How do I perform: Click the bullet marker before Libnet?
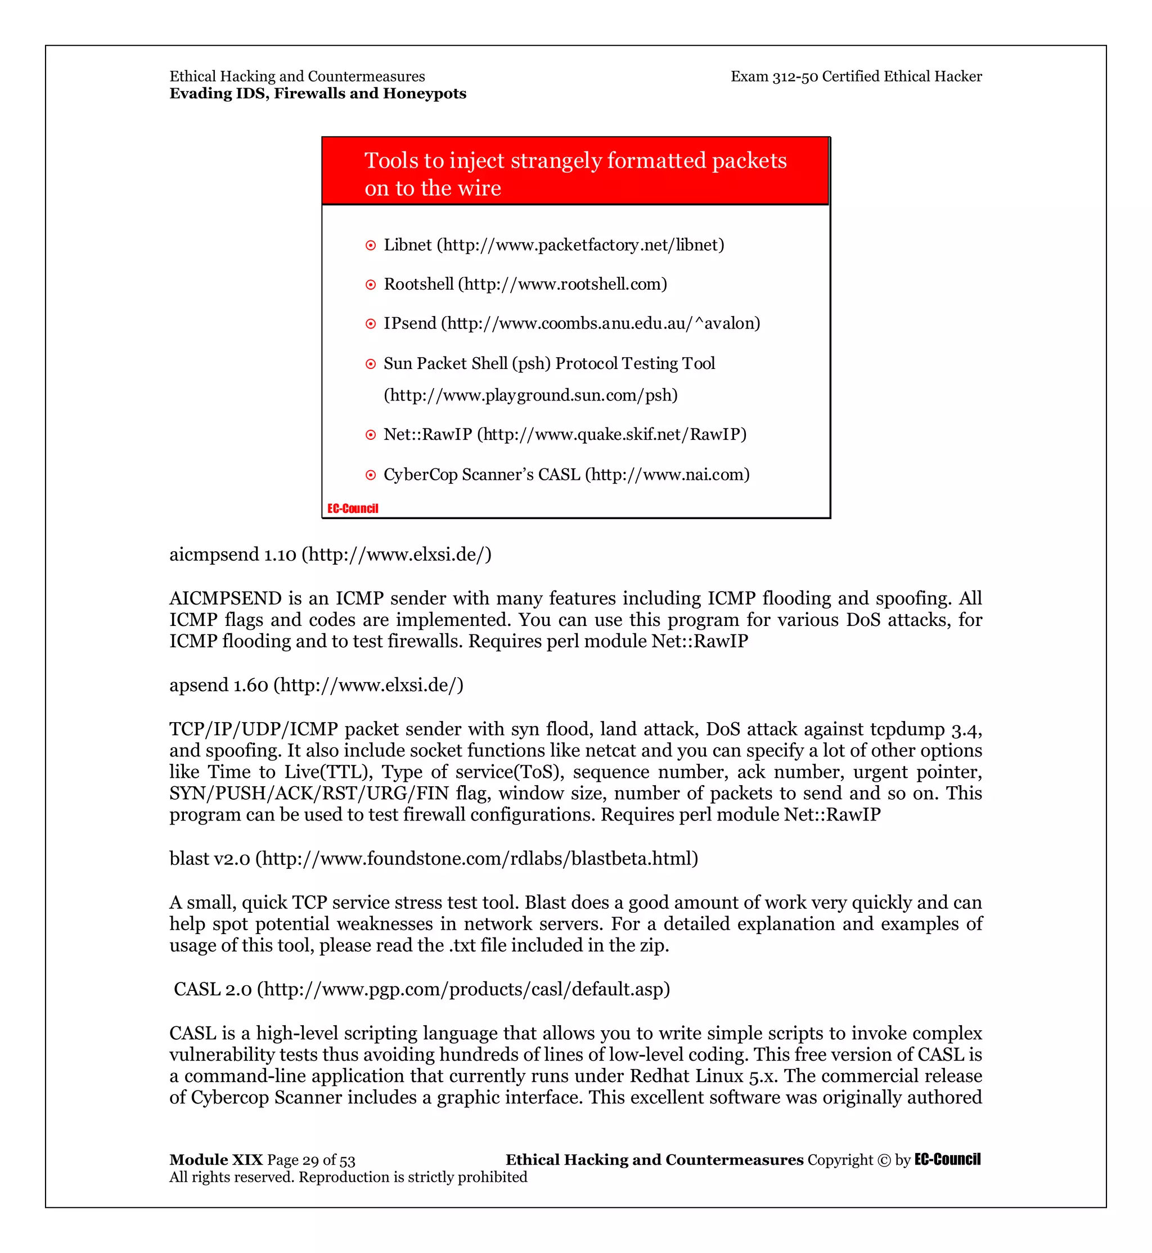(x=370, y=246)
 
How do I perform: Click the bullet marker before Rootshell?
(x=370, y=285)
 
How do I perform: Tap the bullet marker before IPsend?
(x=370, y=324)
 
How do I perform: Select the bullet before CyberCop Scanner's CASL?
(x=370, y=475)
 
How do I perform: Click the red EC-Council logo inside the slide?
(x=353, y=509)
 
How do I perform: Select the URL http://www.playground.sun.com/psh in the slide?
(x=530, y=395)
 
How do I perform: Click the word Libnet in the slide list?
(x=407, y=245)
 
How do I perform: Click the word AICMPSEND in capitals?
(x=226, y=598)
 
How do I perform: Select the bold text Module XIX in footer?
(x=215, y=1160)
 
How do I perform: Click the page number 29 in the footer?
(x=310, y=1160)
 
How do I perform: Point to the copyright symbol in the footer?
(x=883, y=1160)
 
